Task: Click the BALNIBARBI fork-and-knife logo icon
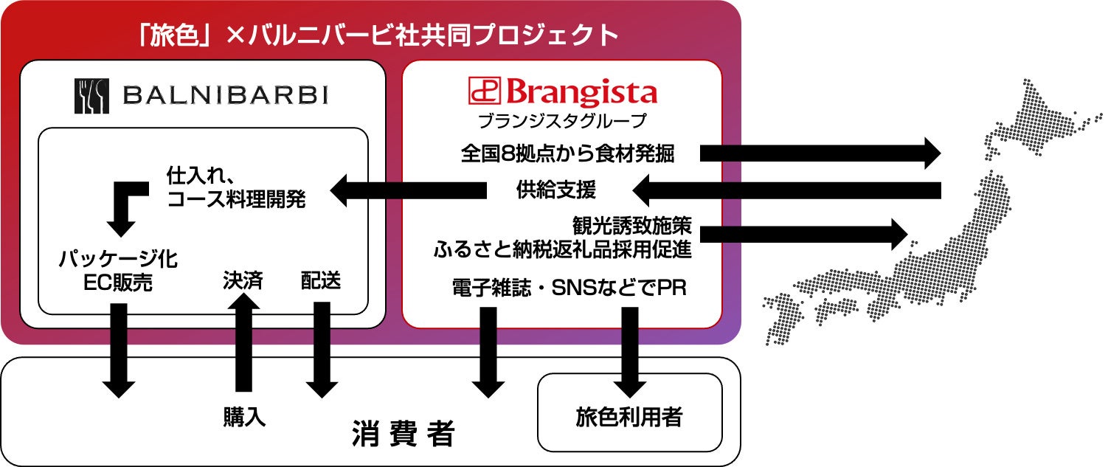tap(91, 96)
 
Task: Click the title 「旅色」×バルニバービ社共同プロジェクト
tap(378, 35)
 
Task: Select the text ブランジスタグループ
tap(561, 120)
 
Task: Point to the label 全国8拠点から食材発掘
tap(567, 153)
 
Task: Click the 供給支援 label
tap(555, 190)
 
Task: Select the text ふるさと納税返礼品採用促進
tap(562, 249)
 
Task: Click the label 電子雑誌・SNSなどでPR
tap(569, 288)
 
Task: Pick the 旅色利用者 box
tap(629, 418)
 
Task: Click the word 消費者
tap(404, 434)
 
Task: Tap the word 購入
tap(244, 417)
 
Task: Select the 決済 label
tap(243, 280)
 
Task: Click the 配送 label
tap(321, 280)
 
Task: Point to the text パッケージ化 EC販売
tap(118, 270)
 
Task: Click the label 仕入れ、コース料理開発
tap(235, 188)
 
